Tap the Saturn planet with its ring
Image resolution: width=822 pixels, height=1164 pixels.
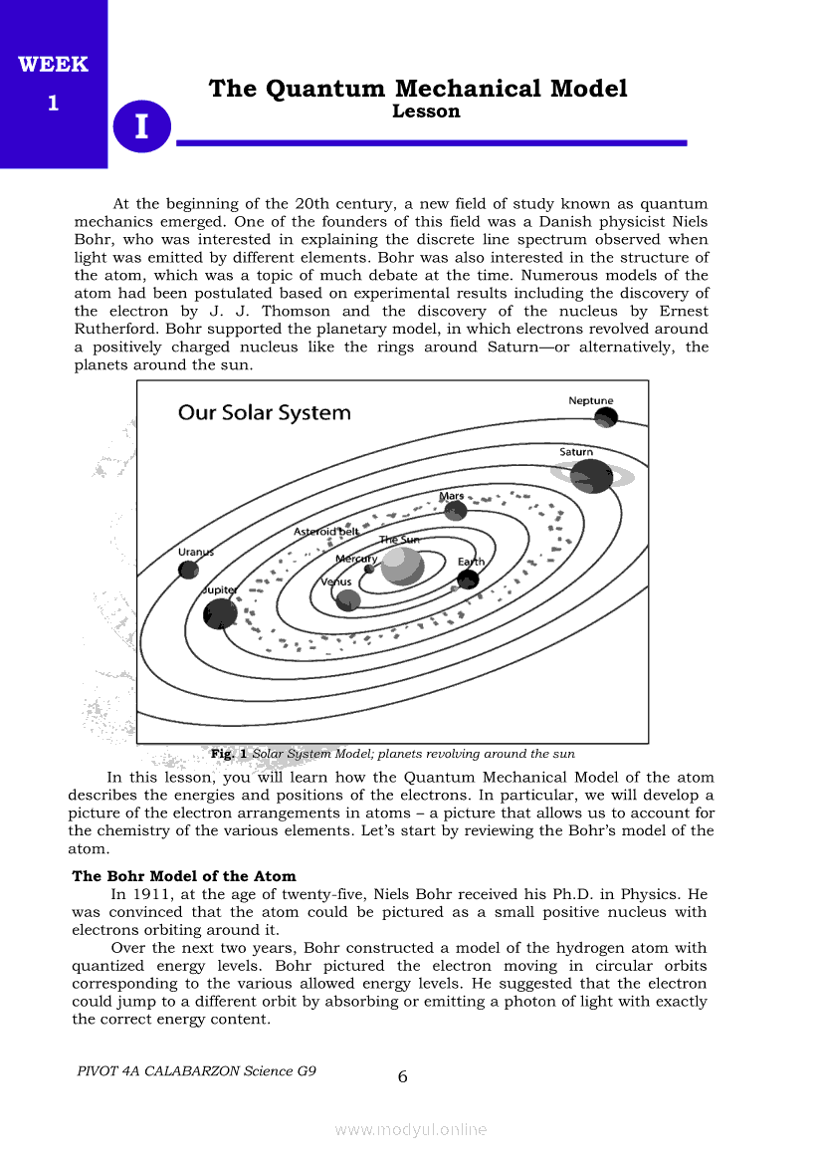592,476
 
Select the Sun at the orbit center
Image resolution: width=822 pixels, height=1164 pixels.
402,566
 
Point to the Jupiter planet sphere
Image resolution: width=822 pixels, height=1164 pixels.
220,612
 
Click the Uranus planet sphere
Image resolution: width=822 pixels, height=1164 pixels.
188,570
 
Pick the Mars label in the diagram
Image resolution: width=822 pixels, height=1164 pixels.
452,496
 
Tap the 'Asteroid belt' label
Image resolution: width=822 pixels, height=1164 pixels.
326,532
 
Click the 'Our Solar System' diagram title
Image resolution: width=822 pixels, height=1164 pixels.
264,412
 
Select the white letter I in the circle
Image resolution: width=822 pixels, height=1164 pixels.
142,127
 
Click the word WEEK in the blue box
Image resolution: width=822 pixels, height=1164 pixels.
53,65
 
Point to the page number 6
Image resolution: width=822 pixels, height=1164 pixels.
402,1076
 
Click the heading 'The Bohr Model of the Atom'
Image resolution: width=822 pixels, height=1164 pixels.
184,876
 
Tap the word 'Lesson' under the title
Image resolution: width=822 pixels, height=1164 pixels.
426,112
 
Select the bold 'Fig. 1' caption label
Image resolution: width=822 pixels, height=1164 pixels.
229,754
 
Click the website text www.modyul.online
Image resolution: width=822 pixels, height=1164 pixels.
411,1129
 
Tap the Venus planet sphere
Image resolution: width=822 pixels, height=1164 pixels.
347,599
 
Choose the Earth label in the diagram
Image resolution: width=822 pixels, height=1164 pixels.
471,563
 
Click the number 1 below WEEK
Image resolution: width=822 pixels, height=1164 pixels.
53,103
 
